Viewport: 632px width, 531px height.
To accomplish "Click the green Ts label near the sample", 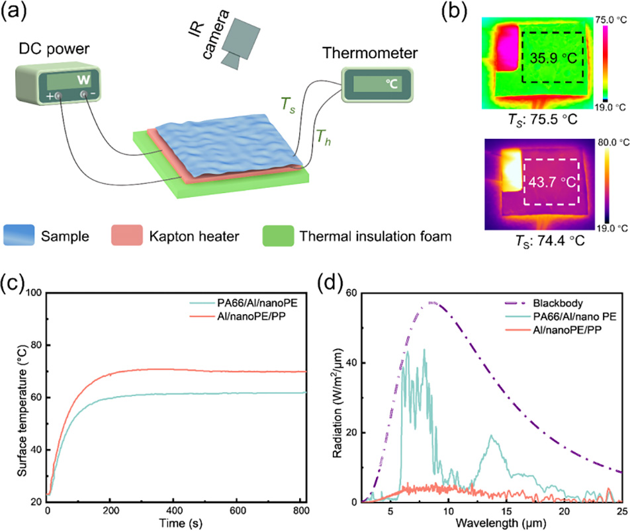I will (286, 104).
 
